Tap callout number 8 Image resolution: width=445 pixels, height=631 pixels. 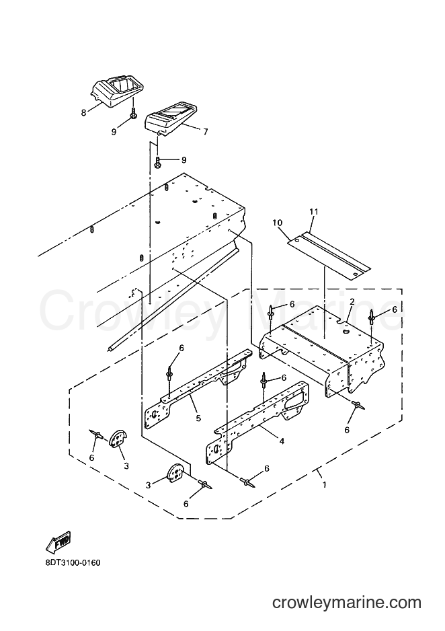83,113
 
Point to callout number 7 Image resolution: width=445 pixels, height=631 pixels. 206,132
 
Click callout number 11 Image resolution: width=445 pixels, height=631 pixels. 313,211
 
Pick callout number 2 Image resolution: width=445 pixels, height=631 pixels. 352,301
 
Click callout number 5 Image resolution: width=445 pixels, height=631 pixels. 198,418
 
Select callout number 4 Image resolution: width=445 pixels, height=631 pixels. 282,441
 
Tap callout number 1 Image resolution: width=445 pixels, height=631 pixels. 324,485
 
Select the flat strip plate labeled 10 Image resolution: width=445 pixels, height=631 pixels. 329,255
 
